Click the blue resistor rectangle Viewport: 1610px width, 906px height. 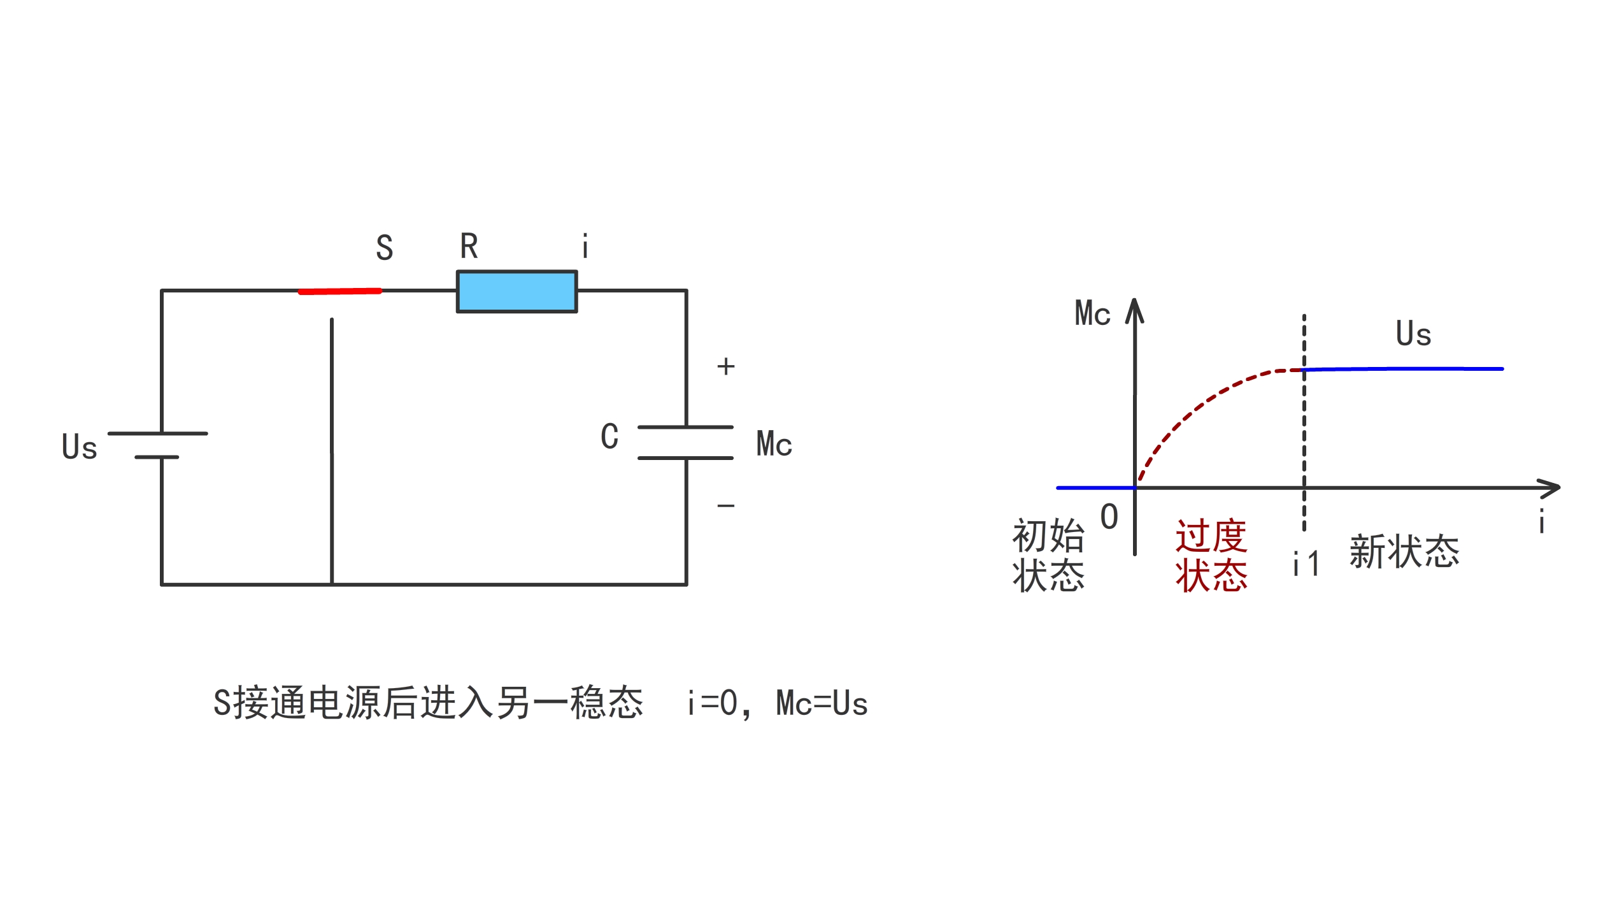pos(516,291)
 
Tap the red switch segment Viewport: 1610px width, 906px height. pos(340,291)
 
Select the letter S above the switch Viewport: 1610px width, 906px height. pos(384,247)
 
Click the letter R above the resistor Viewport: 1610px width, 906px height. pos(469,246)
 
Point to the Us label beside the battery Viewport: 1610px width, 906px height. pos(80,447)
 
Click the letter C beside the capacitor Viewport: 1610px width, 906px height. pos(609,437)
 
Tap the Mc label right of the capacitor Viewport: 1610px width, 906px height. pos(774,444)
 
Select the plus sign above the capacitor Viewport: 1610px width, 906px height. pos(725,366)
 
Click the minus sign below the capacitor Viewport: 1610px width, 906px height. pos(725,506)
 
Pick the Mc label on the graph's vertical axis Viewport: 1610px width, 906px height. pos(1092,313)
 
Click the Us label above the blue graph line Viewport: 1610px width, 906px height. pos(1413,334)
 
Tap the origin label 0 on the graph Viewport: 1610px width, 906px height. pos(1109,516)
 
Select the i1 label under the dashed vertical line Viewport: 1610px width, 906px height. pos(1306,564)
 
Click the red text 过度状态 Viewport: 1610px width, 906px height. pos(1211,556)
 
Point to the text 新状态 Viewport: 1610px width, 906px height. pos(1404,552)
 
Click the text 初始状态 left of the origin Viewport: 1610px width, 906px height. pos(1048,556)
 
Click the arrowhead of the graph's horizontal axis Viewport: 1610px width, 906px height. pos(1551,488)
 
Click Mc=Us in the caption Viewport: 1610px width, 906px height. pos(822,703)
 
